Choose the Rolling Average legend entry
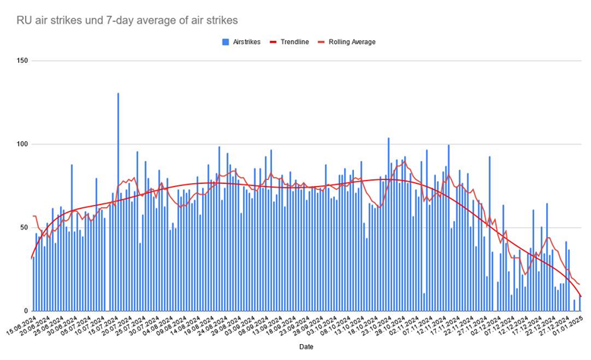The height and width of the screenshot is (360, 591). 350,42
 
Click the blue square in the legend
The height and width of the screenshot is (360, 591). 225,42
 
